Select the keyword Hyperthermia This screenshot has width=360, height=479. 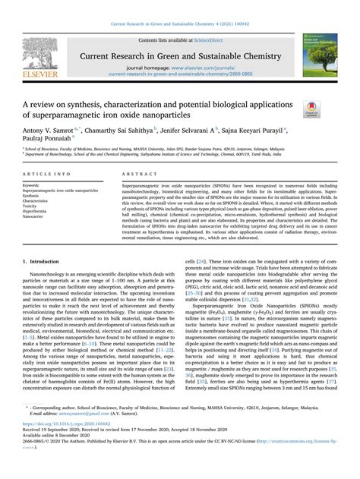pyautogui.click(x=37, y=210)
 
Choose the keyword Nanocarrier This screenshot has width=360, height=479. pyautogui.click(x=36, y=216)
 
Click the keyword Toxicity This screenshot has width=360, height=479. pyautogui.click(x=32, y=205)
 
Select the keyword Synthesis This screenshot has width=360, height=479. pyautogui.click(x=33, y=194)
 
